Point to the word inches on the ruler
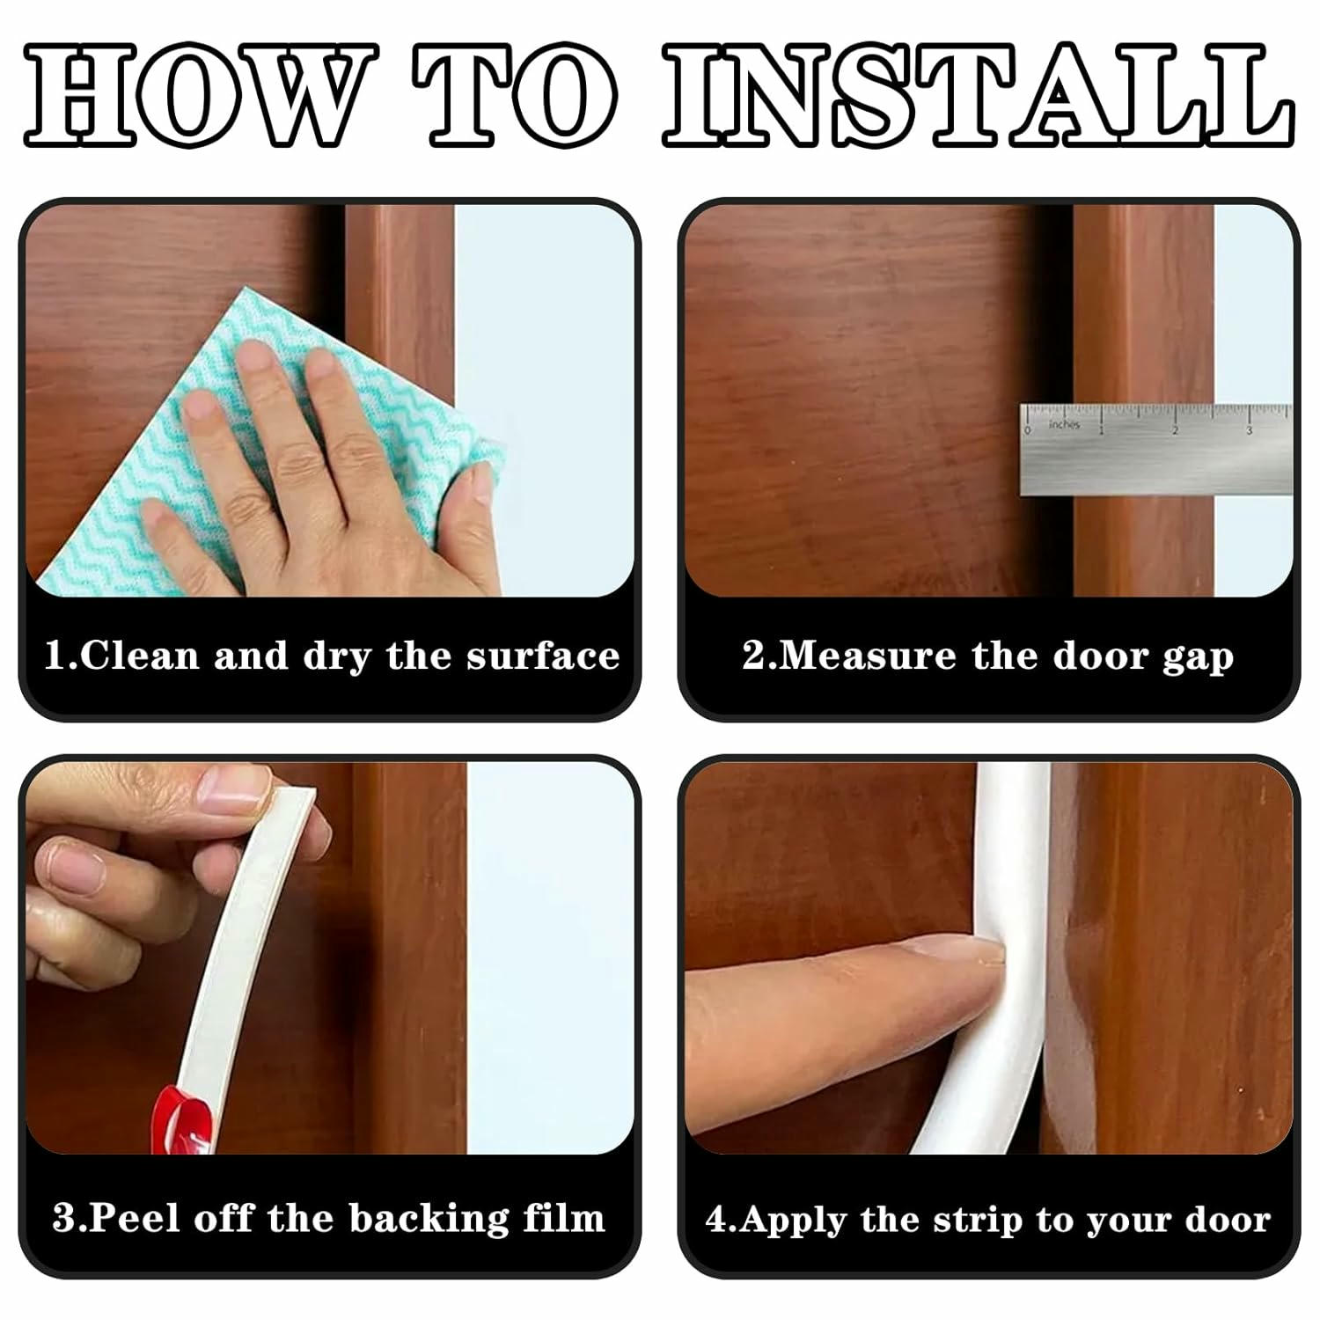click(x=1064, y=425)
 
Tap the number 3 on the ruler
click(x=1249, y=430)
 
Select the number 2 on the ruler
click(x=1174, y=429)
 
